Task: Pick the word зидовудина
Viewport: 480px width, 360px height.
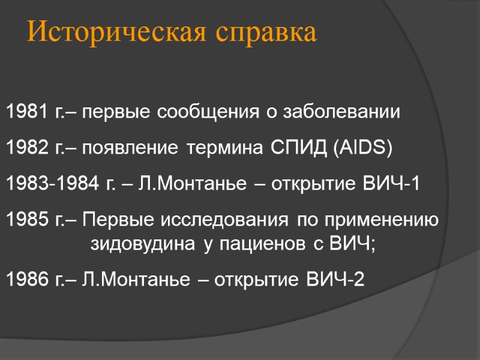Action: click(142, 244)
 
